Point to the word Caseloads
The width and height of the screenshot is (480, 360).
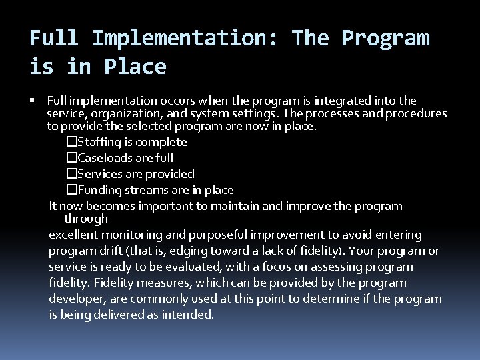click(103, 157)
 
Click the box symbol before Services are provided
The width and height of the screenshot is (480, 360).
click(72, 174)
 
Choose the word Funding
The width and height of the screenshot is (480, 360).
click(98, 190)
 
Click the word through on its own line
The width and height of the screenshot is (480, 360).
click(85, 219)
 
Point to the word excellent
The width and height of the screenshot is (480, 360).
click(73, 235)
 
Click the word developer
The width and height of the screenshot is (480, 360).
click(73, 299)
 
